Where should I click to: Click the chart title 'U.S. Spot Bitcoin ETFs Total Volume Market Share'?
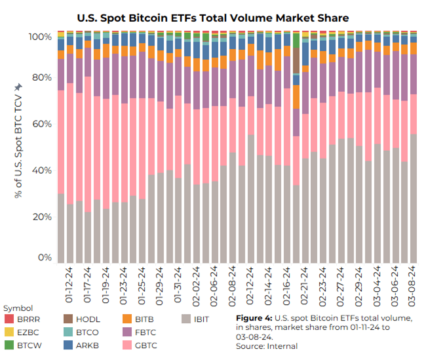click(x=212, y=17)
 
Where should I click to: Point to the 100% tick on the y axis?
click(x=40, y=37)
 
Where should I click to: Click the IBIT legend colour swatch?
click(x=186, y=319)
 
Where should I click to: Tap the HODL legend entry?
click(x=84, y=319)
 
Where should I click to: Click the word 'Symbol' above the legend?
click(x=18, y=308)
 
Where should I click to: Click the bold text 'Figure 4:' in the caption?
click(x=254, y=318)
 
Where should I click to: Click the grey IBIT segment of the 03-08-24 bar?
click(x=412, y=197)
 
